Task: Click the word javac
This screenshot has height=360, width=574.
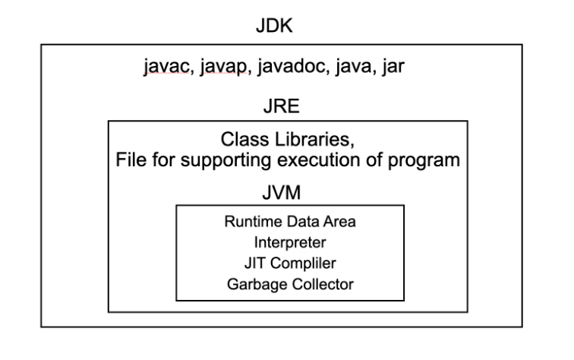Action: pyautogui.click(x=162, y=70)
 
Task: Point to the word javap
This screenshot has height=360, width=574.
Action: pyautogui.click(x=216, y=70)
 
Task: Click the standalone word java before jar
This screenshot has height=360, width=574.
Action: pyautogui.click(x=350, y=70)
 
